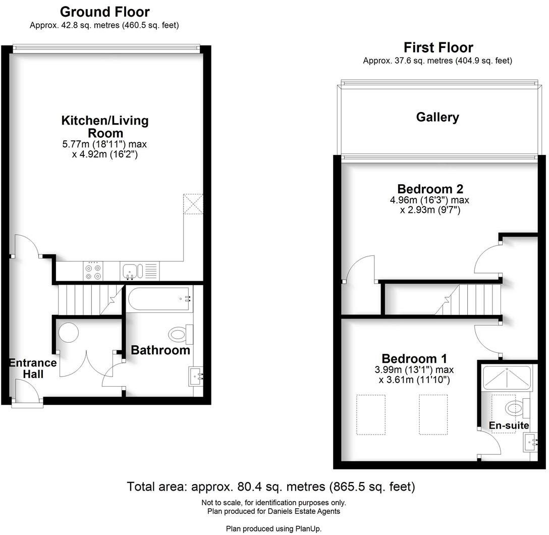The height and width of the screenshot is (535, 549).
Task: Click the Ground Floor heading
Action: pos(104,12)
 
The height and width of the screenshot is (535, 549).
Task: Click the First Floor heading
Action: pos(438,47)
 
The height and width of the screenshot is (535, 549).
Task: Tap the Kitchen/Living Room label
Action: pos(105,127)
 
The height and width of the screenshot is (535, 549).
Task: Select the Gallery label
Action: pos(437,117)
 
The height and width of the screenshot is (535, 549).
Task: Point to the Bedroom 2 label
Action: pos(430,189)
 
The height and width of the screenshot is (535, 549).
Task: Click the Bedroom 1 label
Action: pos(414,359)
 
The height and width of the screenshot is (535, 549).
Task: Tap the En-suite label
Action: pos(509,425)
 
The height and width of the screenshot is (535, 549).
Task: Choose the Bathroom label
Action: pos(160,350)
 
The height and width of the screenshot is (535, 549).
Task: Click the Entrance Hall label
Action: pos(33,368)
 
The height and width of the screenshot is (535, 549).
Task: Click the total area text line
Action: pos(271,487)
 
